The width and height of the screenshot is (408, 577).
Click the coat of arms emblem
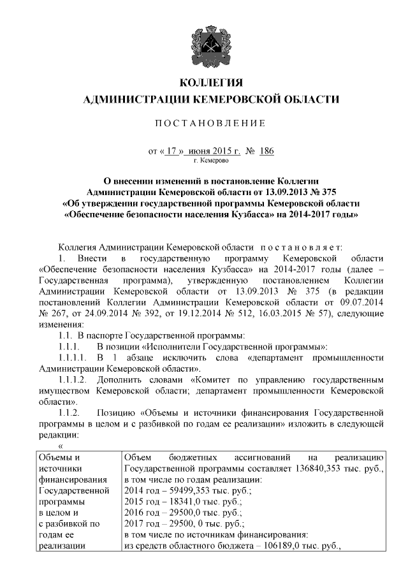point(211,41)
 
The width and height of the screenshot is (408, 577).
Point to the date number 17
point(170,152)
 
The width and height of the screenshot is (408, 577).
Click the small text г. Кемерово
point(211,162)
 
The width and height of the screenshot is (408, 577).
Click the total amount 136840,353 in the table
point(309,469)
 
